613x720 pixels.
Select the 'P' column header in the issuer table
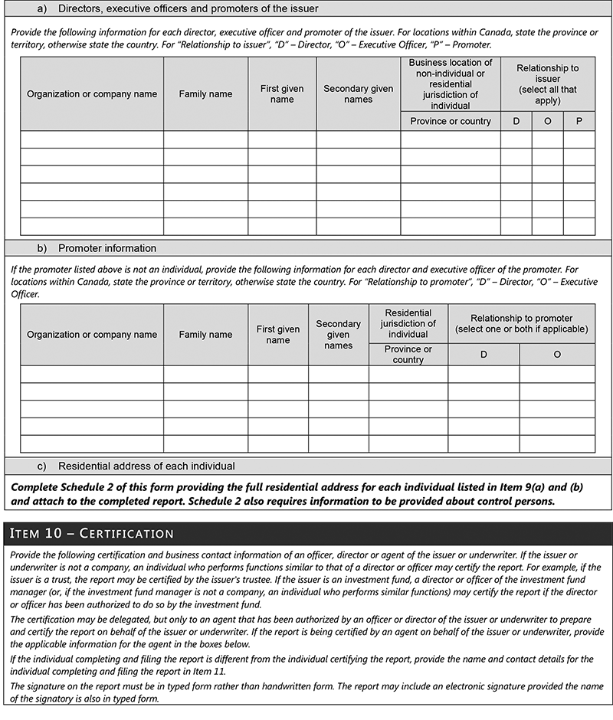tap(579, 121)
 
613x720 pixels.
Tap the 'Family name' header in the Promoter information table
tap(205, 334)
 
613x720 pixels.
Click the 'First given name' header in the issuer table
tap(282, 93)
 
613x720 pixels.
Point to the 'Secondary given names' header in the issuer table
tap(358, 93)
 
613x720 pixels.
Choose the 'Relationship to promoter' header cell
tap(521, 323)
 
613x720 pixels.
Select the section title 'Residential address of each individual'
tap(146, 466)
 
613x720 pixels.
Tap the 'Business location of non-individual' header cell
tap(450, 83)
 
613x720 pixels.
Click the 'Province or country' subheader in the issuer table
tap(450, 121)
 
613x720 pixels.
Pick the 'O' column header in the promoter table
tap(556, 354)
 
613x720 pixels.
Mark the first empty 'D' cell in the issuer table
tap(516, 139)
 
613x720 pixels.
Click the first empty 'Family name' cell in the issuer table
tap(205, 139)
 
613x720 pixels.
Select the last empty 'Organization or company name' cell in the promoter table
tap(92, 444)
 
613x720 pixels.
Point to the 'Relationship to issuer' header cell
tap(547, 83)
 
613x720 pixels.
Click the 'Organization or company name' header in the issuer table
tap(92, 93)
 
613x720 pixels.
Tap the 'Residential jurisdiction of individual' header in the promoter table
tap(408, 323)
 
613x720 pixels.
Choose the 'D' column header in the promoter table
tap(484, 354)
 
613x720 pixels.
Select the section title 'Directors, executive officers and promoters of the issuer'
tap(188, 9)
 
